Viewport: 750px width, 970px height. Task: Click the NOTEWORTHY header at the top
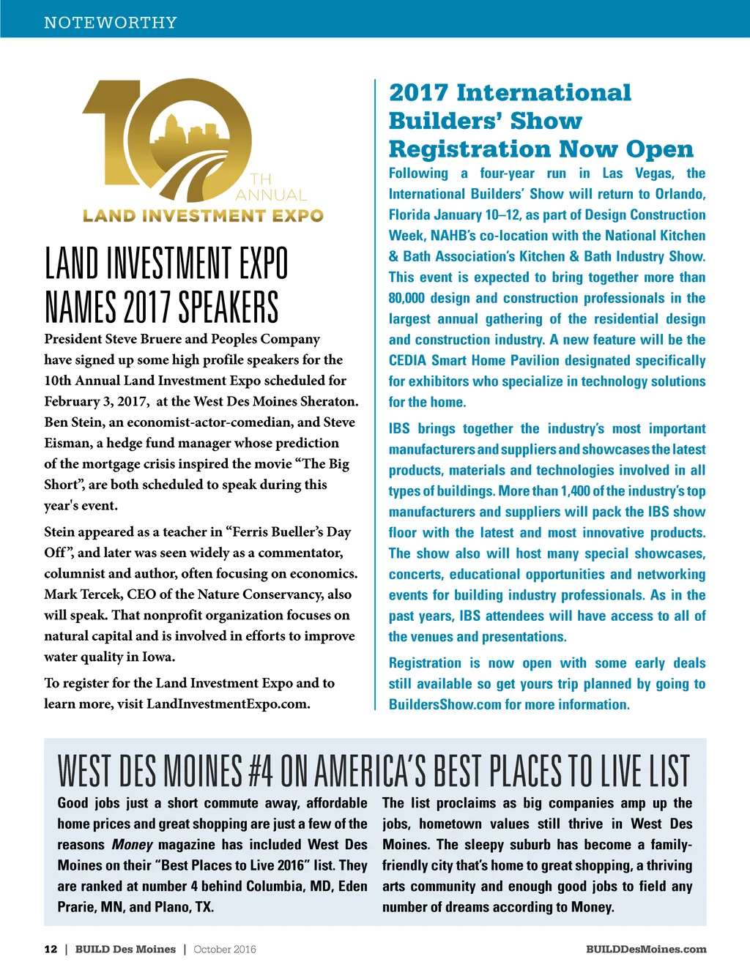110,23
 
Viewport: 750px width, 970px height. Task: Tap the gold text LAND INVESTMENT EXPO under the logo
203,216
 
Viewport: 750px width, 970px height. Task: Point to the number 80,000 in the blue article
410,298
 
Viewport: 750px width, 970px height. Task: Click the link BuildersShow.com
445,705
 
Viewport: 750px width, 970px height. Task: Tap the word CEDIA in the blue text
407,361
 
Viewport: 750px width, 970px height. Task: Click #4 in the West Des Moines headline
260,771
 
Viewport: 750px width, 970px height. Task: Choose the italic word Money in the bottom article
132,845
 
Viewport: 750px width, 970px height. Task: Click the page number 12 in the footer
51,950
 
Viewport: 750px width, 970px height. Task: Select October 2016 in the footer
225,950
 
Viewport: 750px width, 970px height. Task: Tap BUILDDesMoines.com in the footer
646,950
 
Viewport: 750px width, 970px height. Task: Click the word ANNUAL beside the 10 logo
270,195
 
